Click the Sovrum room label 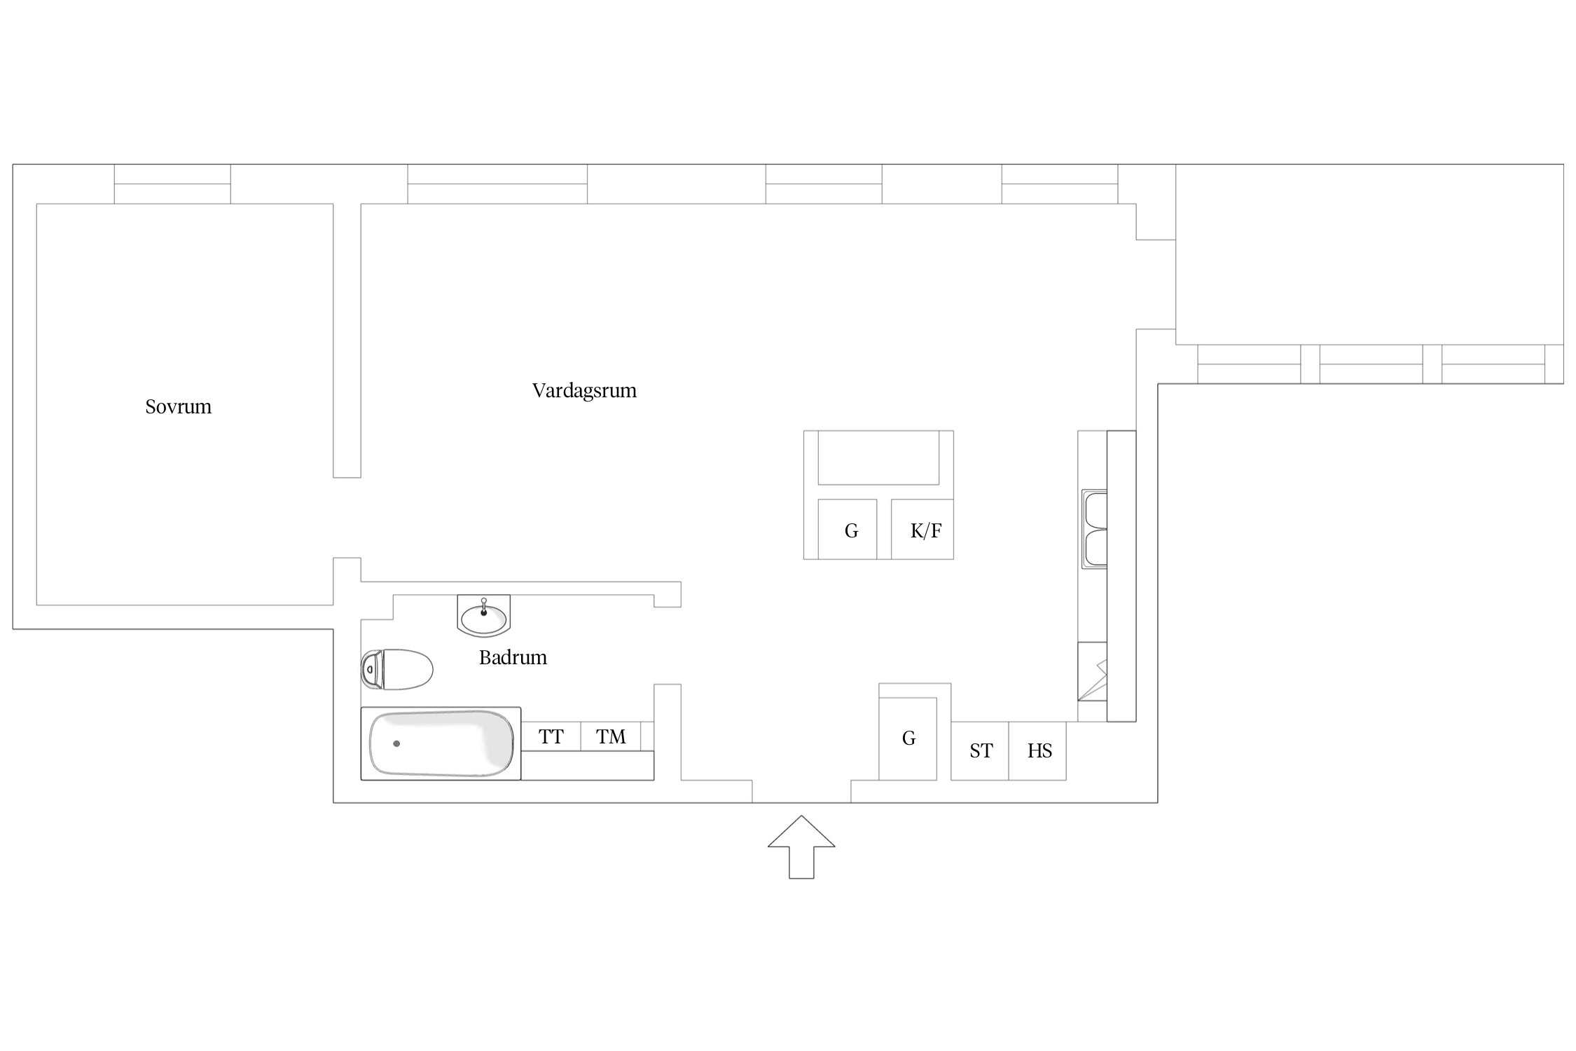(178, 406)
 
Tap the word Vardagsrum (584, 391)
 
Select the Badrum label (513, 657)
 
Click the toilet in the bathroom (396, 669)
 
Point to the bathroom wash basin (483, 616)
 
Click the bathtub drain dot (396, 743)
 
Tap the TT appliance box (551, 736)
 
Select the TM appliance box (611, 736)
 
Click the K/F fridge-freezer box (922, 529)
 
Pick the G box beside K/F (848, 529)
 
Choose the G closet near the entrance (908, 739)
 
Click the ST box (980, 750)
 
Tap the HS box (1037, 750)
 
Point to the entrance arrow (801, 847)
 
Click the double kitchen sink (1095, 529)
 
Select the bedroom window (172, 184)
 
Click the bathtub (441, 743)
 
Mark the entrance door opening (801, 792)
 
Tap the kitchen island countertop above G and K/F (878, 458)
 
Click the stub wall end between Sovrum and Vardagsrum (347, 477)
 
